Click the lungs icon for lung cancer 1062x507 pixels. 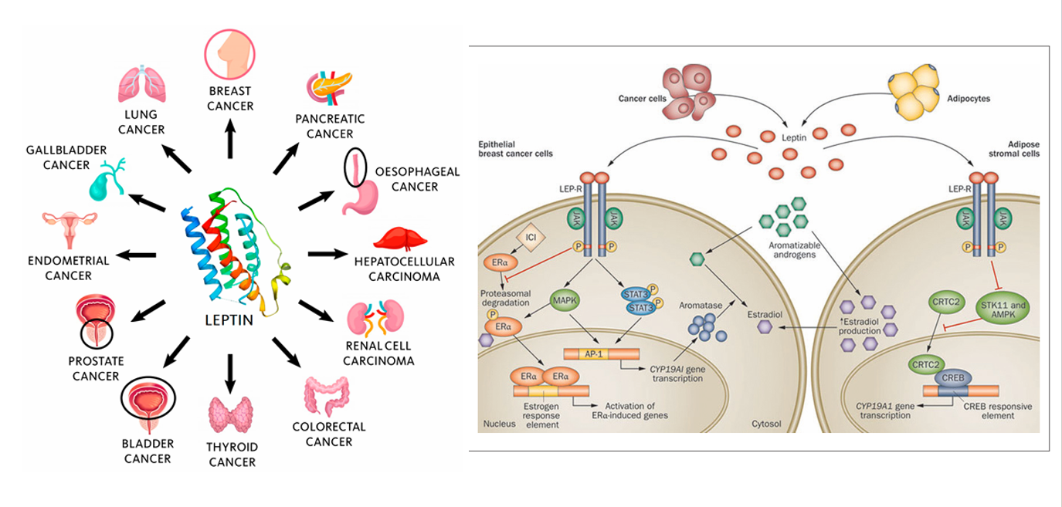tap(141, 85)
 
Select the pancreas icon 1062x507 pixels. tap(329, 88)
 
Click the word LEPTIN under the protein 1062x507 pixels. tap(229, 319)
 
